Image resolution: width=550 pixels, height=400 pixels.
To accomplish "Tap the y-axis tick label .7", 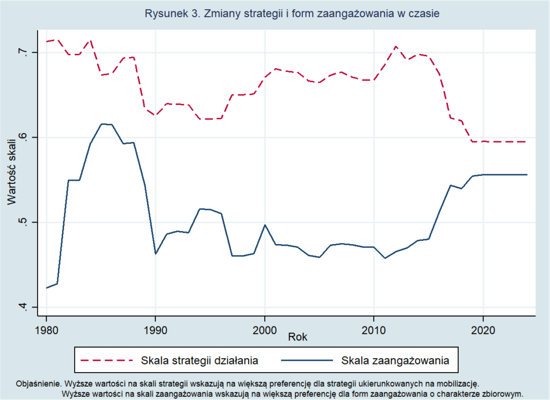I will (x=22, y=52).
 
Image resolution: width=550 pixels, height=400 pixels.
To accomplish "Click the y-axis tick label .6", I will (x=22, y=137).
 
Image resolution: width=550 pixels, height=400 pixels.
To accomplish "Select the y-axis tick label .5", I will (x=22, y=222).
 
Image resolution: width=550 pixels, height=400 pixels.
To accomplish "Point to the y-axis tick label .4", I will (x=22, y=307).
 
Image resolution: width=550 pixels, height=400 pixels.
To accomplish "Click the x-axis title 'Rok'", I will (x=297, y=337).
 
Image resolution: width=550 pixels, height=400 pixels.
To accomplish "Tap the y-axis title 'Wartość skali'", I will (x=11, y=171).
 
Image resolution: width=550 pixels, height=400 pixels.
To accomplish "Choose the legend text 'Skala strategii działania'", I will (x=200, y=360).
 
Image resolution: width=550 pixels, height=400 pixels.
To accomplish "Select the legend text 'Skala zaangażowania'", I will (x=395, y=360).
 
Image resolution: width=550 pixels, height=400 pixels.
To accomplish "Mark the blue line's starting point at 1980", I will (x=47, y=288).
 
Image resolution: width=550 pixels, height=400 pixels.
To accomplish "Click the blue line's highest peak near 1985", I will (x=102, y=124).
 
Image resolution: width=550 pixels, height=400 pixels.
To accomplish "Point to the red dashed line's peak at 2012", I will (x=396, y=46).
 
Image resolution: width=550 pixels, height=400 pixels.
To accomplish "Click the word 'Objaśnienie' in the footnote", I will (x=37, y=384).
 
